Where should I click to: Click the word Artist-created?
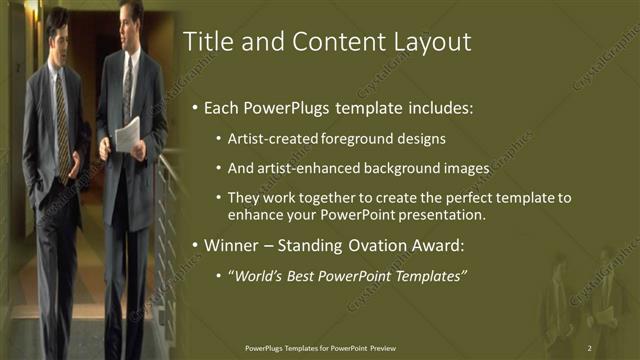coord(267,138)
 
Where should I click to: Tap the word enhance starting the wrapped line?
coord(254,215)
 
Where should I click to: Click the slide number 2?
coord(590,347)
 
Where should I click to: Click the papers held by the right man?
coord(127,134)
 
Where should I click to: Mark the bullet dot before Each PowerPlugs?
coord(194,108)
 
